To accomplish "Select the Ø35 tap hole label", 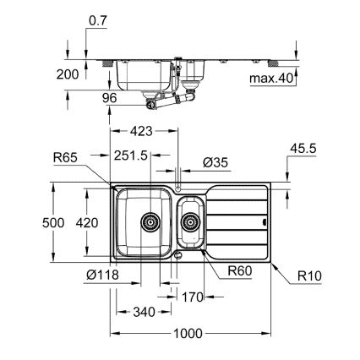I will pos(215,161).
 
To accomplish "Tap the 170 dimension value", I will pos(192,297).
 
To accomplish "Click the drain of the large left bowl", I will pos(150,221).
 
